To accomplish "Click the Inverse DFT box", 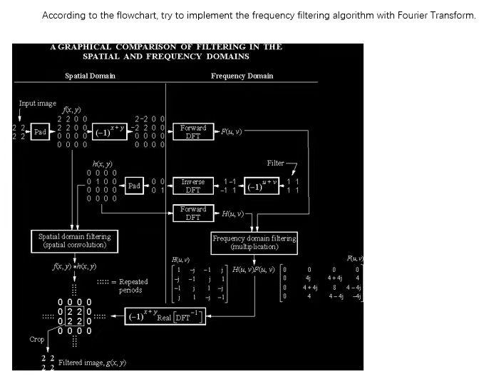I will coord(192,186).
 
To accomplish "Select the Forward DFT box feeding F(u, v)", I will coord(192,132).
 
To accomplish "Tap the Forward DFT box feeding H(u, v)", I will coord(192,213).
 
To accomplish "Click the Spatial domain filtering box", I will coord(75,240).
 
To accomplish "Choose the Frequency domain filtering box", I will coord(254,242).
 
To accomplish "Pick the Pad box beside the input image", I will coord(40,132).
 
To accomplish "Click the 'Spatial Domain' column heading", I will coord(90,76).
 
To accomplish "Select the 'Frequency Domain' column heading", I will coord(242,76).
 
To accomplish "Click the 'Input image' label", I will coord(37,103).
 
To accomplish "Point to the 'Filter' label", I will coord(276,163).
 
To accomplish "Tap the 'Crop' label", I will coord(37,340).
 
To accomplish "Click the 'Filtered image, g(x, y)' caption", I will coord(92,363).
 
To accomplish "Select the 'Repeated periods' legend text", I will coord(130,286).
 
